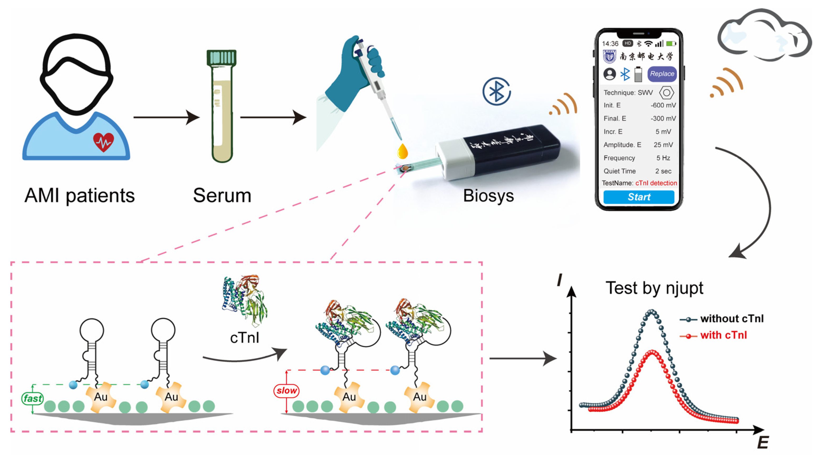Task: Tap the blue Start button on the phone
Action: tap(638, 197)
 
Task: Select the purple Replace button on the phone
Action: tap(662, 74)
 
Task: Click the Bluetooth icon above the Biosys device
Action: tap(496, 91)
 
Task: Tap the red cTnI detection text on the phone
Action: tap(656, 183)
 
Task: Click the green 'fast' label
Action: tap(32, 398)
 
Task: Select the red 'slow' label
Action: tap(286, 390)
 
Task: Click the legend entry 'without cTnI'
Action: tap(731, 318)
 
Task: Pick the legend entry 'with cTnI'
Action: tap(723, 335)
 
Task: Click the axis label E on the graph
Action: tap(763, 442)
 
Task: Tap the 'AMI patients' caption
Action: tap(80, 195)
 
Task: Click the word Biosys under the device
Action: tap(488, 196)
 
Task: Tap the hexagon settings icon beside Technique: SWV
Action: tap(666, 93)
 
